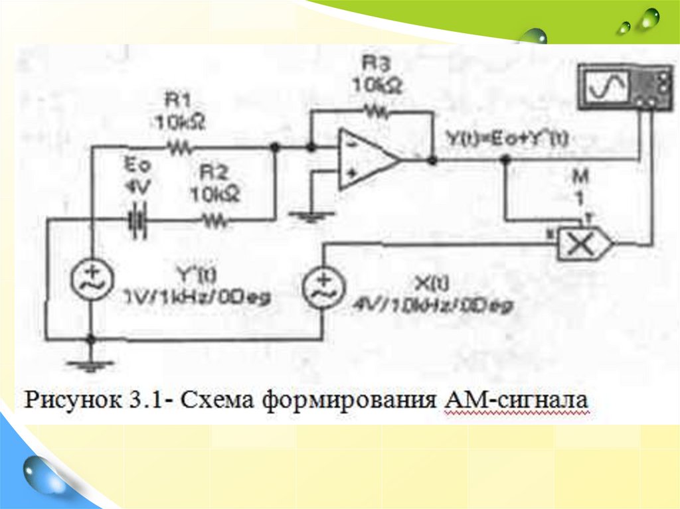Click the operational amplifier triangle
pos(366,160)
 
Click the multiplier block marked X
pos(582,244)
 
